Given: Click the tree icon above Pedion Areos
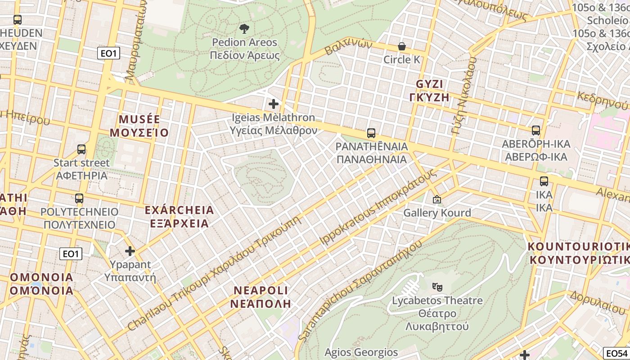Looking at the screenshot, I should (244, 29).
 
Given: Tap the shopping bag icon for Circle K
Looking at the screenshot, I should (401, 46).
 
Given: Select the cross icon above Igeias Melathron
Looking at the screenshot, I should (273, 104).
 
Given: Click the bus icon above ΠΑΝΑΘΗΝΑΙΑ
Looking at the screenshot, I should (371, 133).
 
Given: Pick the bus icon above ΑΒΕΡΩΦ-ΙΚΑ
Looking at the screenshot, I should (535, 130).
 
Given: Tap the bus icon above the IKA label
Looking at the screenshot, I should (544, 181).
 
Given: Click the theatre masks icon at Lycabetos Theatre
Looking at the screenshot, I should (436, 286).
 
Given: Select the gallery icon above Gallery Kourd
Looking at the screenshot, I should (436, 199).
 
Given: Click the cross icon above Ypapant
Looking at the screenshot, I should (130, 251).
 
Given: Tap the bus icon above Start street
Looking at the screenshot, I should (81, 149).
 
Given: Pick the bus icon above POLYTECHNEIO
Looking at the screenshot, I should (79, 198).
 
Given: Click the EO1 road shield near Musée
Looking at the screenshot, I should (108, 54).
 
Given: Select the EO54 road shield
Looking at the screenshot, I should (616, 353).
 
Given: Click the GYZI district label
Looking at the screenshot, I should (429, 84).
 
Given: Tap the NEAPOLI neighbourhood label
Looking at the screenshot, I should (261, 290).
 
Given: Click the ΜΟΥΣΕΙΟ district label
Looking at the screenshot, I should (139, 133).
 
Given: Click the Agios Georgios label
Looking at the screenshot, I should (361, 352).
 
